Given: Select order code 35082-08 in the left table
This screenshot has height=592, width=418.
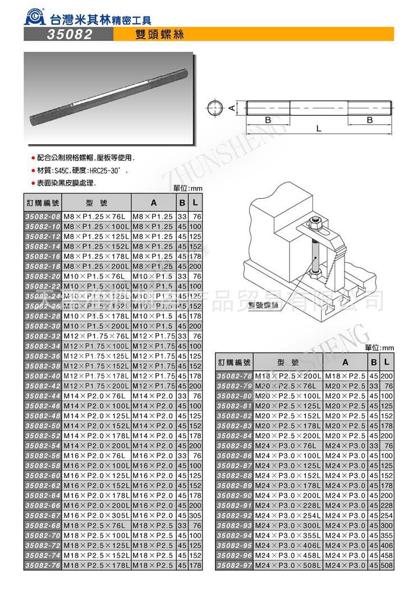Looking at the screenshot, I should pos(43,216).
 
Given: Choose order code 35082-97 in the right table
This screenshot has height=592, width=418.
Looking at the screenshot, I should pos(235,564).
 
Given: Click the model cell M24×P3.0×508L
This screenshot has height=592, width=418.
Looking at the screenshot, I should pos(288,564).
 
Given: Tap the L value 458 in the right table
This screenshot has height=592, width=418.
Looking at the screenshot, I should pos(387,555).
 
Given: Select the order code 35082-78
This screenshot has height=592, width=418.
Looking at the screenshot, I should pos(235,376).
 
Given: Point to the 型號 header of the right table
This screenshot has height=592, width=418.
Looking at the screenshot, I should pos(288,362).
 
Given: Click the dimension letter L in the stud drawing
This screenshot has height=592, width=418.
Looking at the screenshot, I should pos(319,128).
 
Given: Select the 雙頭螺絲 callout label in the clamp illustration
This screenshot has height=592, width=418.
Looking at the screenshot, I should pos(260,304).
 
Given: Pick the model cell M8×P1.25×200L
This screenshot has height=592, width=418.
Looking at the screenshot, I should pos(96,266).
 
